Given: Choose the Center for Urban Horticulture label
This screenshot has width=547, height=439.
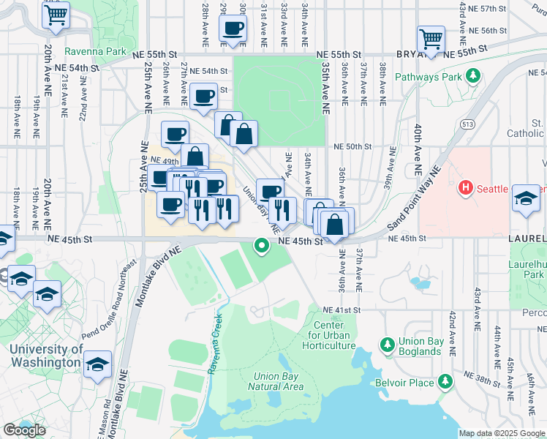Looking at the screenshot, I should (x=334, y=335).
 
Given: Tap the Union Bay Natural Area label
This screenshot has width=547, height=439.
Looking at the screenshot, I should (x=275, y=381).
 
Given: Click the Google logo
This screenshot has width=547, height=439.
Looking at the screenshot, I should (x=24, y=430).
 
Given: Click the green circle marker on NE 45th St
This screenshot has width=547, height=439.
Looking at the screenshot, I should (x=261, y=247).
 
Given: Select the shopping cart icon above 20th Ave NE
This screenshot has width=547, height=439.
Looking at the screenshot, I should (x=56, y=14).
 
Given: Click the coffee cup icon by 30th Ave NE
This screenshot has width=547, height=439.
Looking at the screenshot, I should (x=233, y=29).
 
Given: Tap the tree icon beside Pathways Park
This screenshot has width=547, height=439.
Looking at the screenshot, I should (x=473, y=76).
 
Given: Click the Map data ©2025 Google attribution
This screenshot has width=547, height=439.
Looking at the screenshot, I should (x=502, y=433).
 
